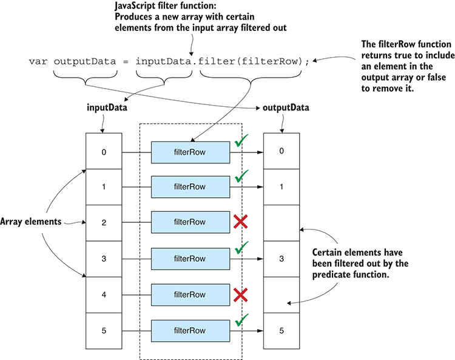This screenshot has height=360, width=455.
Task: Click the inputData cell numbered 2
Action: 104,223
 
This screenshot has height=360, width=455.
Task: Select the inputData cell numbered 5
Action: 104,331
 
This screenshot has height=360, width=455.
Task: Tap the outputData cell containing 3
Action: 281,259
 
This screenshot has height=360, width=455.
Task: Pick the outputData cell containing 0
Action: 281,151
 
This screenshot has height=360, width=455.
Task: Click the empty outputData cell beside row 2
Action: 281,223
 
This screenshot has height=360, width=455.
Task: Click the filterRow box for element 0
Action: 190,151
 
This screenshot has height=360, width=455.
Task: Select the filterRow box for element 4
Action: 190,295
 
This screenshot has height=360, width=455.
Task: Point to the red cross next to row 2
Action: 241,222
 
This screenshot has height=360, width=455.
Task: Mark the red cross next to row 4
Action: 241,294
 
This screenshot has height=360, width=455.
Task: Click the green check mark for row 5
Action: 242,320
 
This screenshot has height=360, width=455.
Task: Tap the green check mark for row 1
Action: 242,177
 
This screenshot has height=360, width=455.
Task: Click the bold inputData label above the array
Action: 104,108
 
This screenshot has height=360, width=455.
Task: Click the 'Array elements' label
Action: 30,222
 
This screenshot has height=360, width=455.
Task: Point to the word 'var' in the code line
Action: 38,61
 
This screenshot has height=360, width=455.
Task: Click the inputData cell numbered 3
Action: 104,259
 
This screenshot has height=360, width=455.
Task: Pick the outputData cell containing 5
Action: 281,331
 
